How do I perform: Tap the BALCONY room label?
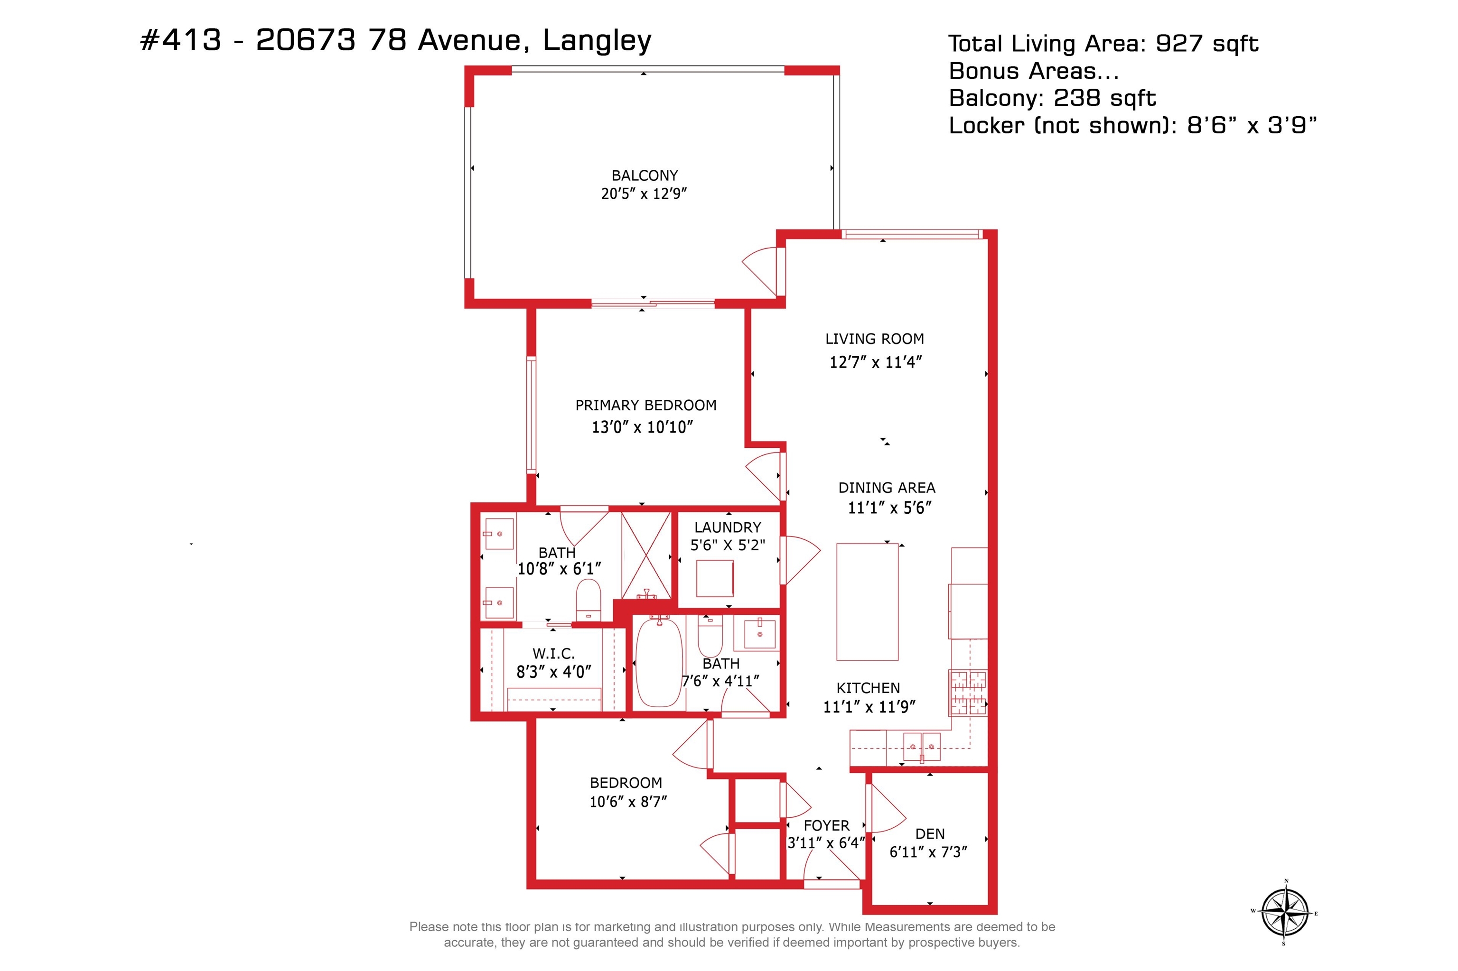point(645,176)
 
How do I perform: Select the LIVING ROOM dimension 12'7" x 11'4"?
point(876,362)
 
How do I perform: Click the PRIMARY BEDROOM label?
point(645,406)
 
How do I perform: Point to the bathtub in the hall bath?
point(659,661)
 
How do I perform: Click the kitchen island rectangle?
point(867,602)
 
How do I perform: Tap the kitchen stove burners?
point(968,693)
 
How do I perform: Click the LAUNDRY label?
point(728,527)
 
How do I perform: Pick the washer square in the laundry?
point(714,578)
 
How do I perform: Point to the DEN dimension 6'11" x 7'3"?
point(928,852)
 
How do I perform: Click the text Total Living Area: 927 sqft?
point(1103,44)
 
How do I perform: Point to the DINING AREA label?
point(887,488)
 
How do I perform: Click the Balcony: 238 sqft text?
point(1052,98)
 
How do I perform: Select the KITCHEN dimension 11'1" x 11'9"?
point(869,707)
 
